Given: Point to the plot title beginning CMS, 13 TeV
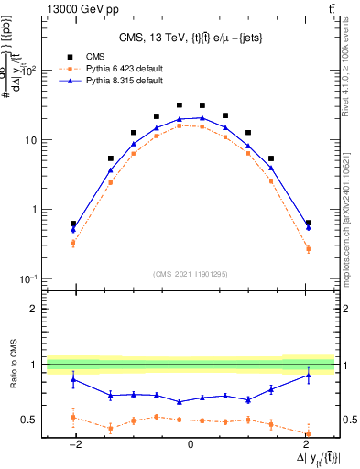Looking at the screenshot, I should [x=190, y=38].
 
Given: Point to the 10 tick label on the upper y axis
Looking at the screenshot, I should [x=29, y=140].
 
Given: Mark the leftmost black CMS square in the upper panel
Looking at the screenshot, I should [x=73, y=224].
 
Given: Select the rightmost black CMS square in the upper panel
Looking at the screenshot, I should [x=308, y=223].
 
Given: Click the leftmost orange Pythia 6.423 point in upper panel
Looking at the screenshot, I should [x=73, y=244].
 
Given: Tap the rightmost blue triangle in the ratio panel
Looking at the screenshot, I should [x=308, y=375].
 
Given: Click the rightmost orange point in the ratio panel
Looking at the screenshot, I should [x=308, y=434].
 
